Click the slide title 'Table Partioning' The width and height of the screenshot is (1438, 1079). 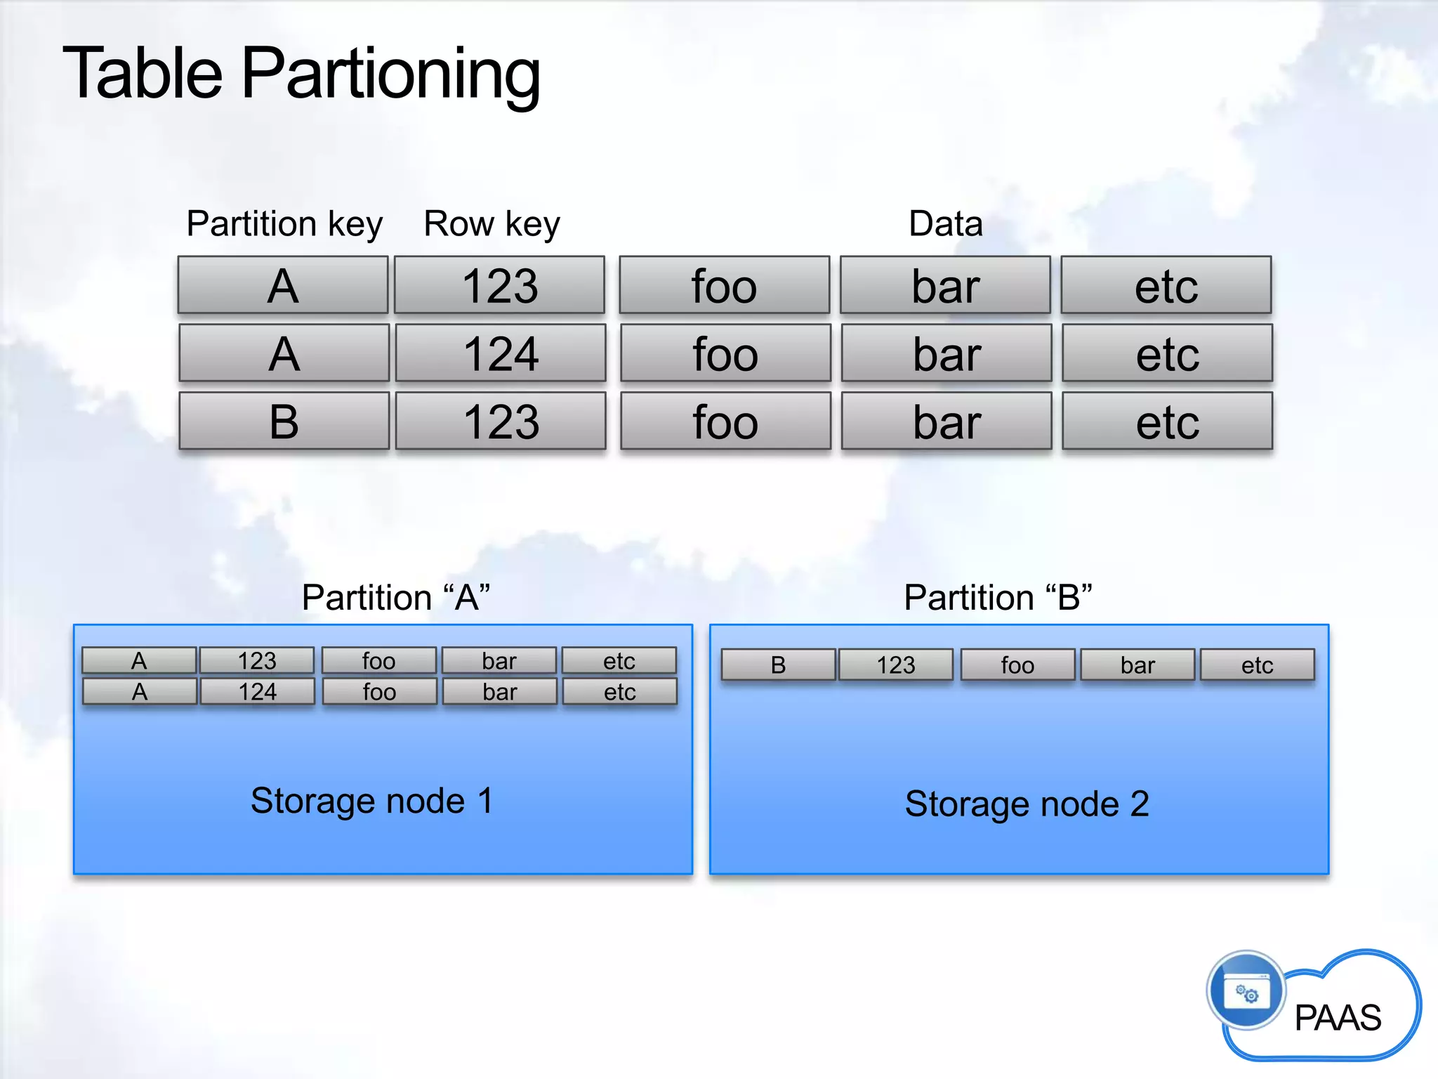tap(302, 73)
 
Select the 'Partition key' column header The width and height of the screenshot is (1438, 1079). tap(284, 224)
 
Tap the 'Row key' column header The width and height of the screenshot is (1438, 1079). tap(492, 224)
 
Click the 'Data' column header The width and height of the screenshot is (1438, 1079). tap(945, 224)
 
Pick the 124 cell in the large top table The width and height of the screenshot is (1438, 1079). tap(501, 353)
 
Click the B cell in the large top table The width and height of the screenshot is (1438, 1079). tap(284, 421)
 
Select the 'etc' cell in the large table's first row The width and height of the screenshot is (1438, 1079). tap(1166, 285)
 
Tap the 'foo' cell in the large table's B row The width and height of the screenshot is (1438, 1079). tap(725, 421)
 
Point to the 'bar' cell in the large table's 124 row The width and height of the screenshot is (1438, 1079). tap(946, 353)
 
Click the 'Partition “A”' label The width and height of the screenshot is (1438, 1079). tap(395, 598)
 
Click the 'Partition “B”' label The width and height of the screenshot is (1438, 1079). tap(998, 598)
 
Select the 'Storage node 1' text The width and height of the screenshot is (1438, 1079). tap(371, 801)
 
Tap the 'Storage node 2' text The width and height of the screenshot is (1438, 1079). tap(1027, 804)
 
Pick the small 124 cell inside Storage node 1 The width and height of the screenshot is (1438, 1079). tap(257, 692)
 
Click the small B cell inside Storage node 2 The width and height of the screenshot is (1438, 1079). tap(778, 665)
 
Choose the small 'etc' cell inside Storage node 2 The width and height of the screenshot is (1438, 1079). tap(1257, 665)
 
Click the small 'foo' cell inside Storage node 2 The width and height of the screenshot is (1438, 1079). tap(1017, 665)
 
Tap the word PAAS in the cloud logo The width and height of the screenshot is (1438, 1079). tap(1338, 1018)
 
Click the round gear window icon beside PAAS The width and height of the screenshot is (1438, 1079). tap(1246, 991)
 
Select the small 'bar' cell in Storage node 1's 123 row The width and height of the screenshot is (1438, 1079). tap(499, 661)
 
